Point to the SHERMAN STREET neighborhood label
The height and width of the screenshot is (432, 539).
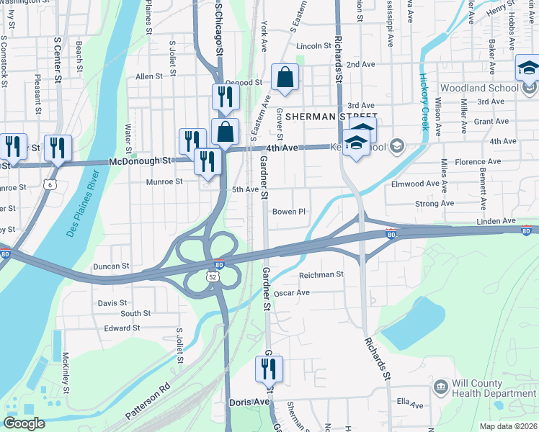coord(331,116)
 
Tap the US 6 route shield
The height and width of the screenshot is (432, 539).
coord(50,184)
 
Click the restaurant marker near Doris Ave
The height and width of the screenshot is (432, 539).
coord(269,369)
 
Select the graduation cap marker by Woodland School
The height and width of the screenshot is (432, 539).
coord(528,70)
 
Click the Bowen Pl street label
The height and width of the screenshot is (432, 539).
coord(290,212)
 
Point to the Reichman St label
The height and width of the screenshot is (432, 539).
coord(321,274)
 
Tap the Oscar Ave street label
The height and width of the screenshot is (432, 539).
coord(292,293)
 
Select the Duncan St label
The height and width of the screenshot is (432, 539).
coord(111,266)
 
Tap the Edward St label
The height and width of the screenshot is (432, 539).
coord(122,328)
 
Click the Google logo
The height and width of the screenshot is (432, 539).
coord(24,423)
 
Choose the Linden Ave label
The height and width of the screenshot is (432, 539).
coord(497,221)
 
